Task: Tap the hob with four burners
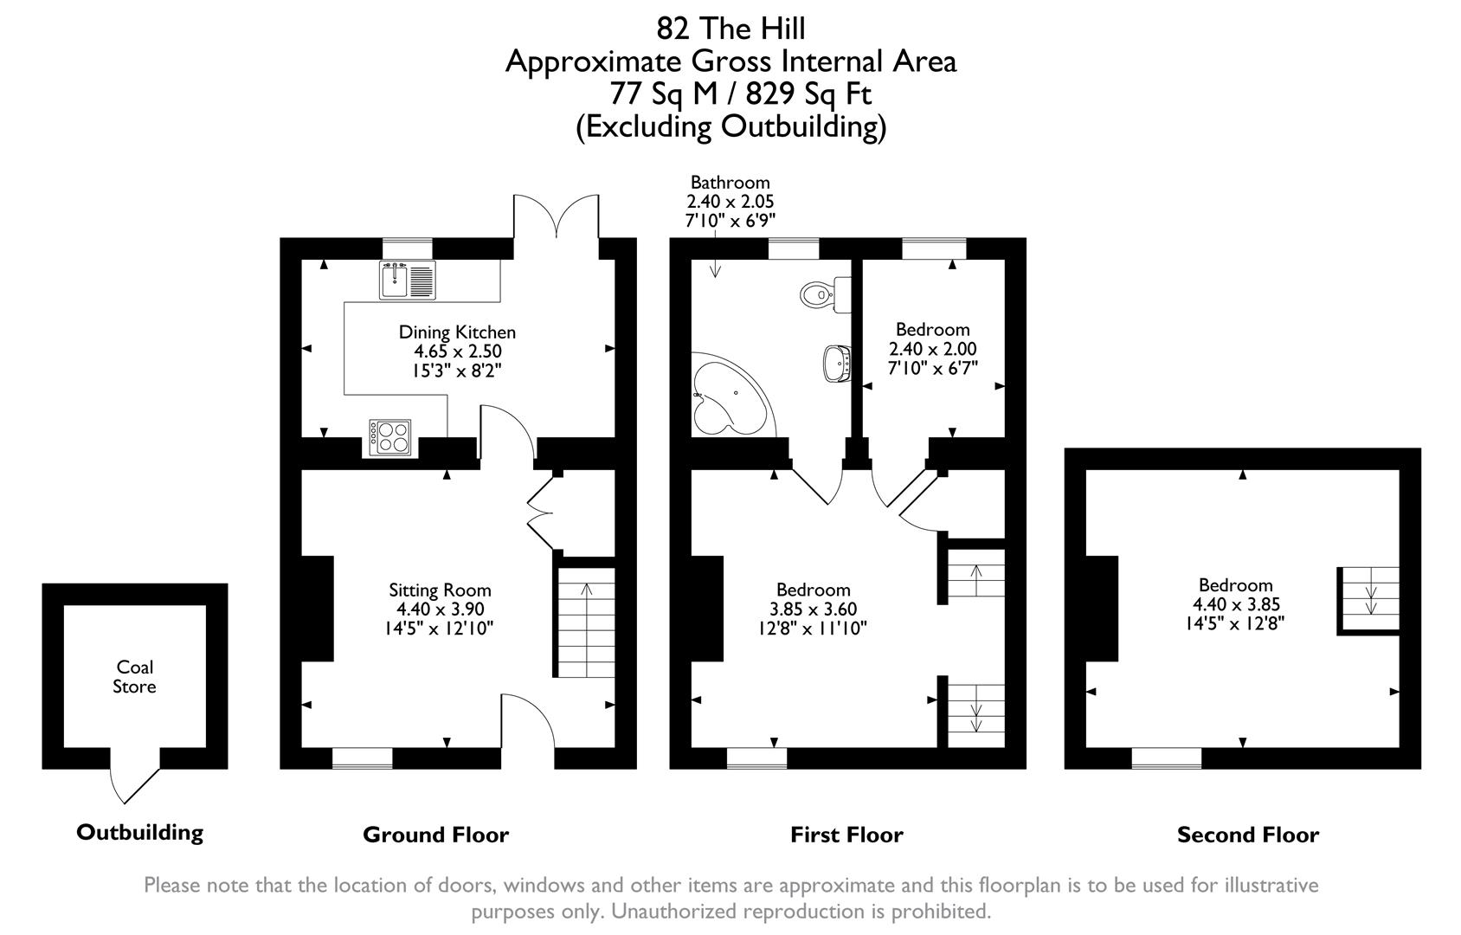(x=390, y=437)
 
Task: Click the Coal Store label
(x=135, y=677)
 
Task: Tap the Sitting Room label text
(x=440, y=590)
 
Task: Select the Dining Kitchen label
(x=457, y=332)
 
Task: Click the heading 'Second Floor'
(x=1247, y=835)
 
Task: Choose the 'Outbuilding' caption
(x=139, y=833)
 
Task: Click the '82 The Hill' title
(x=730, y=29)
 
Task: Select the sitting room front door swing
(x=529, y=719)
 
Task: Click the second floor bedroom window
(x=1166, y=758)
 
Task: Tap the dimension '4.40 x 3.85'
(x=1236, y=605)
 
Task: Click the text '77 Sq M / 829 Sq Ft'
(x=740, y=93)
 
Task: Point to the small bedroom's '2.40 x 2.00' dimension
(x=932, y=350)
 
